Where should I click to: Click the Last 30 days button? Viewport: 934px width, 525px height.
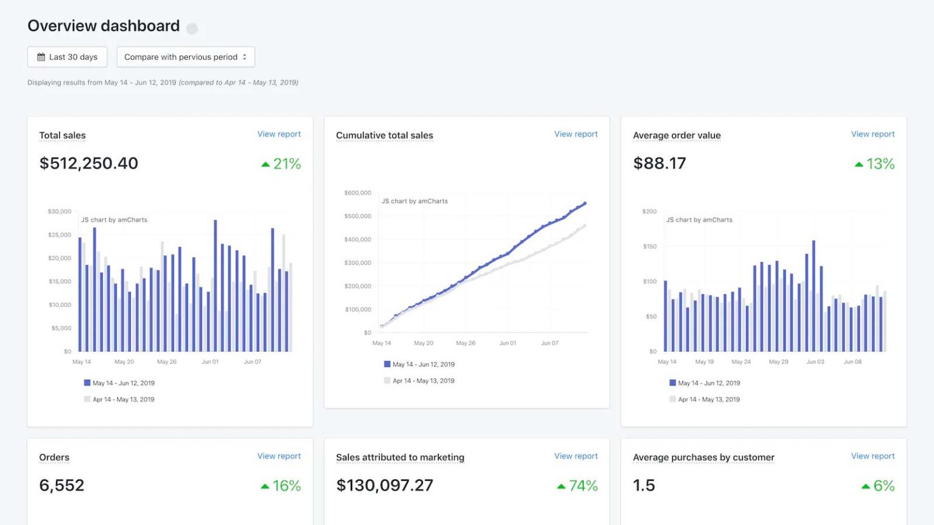pos(67,57)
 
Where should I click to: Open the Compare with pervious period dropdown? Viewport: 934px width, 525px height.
pos(185,57)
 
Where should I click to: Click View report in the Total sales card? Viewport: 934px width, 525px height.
pos(278,134)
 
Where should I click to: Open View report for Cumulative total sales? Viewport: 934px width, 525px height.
pos(575,134)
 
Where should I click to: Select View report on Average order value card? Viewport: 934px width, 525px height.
pos(872,134)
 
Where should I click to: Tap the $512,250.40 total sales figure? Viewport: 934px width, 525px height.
pos(89,163)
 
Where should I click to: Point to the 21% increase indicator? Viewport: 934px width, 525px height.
pos(281,164)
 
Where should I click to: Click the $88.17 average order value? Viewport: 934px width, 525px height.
pos(659,163)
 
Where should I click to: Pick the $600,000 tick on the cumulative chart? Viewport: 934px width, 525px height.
pos(358,193)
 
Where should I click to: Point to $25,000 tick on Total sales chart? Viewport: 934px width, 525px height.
pos(60,235)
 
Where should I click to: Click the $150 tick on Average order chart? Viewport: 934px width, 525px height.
pos(649,247)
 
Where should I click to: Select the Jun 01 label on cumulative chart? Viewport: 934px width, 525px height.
pos(508,343)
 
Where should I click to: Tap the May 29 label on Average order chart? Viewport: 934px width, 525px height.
pos(778,362)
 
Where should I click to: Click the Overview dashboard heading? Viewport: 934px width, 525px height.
pos(103,26)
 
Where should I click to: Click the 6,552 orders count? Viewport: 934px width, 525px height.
pos(61,486)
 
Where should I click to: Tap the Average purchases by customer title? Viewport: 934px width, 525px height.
pos(704,458)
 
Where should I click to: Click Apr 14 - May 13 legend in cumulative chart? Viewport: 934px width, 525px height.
pos(423,381)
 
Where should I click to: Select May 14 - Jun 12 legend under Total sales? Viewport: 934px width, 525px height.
pos(123,383)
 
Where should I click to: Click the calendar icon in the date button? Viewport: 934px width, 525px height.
pos(41,57)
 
